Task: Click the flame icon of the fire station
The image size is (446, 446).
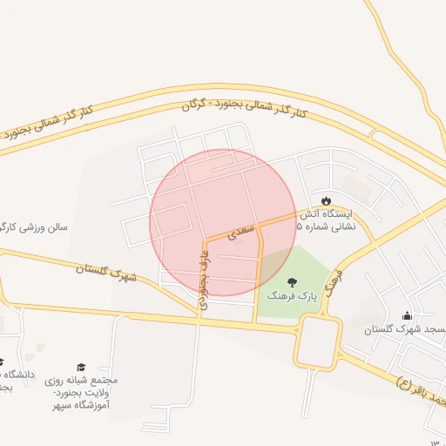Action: [x=327, y=199]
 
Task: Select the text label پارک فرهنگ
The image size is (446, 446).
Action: [x=291, y=297]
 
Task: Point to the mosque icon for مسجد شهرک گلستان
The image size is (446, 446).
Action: [x=407, y=315]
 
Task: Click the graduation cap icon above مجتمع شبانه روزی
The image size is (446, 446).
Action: [x=82, y=367]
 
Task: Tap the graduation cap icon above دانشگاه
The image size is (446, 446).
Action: [x=2, y=361]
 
